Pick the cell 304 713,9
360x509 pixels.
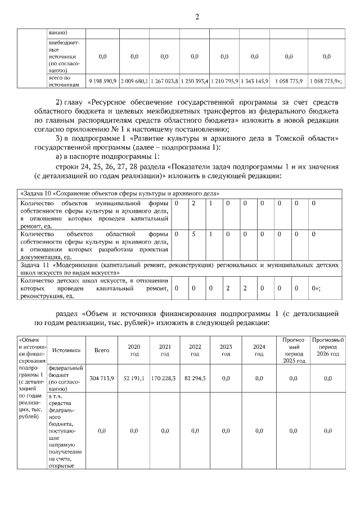(x=102, y=379)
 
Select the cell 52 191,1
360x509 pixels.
(x=133, y=379)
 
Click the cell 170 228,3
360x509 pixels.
(x=164, y=379)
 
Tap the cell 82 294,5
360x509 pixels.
(x=195, y=379)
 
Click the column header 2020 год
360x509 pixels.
(x=133, y=350)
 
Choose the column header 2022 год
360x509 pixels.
(x=195, y=350)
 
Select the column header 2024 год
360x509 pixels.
(x=259, y=350)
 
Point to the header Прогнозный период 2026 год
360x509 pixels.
(x=328, y=346)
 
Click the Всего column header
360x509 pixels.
(x=102, y=350)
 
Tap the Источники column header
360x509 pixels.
(x=66, y=350)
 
